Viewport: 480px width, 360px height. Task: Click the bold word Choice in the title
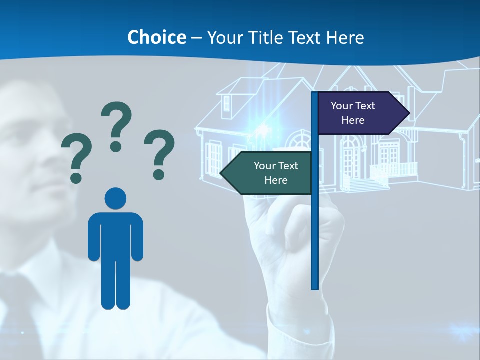pyautogui.click(x=156, y=37)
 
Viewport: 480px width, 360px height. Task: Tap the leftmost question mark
pyautogui.click(x=76, y=157)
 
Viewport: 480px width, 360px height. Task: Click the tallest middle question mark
pyautogui.click(x=116, y=126)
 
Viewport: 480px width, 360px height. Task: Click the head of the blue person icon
pyautogui.click(x=115, y=198)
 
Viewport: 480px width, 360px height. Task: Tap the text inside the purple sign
pyautogui.click(x=353, y=113)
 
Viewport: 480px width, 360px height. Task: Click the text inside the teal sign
pyautogui.click(x=276, y=173)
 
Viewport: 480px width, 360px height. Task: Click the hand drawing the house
pyautogui.click(x=280, y=235)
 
